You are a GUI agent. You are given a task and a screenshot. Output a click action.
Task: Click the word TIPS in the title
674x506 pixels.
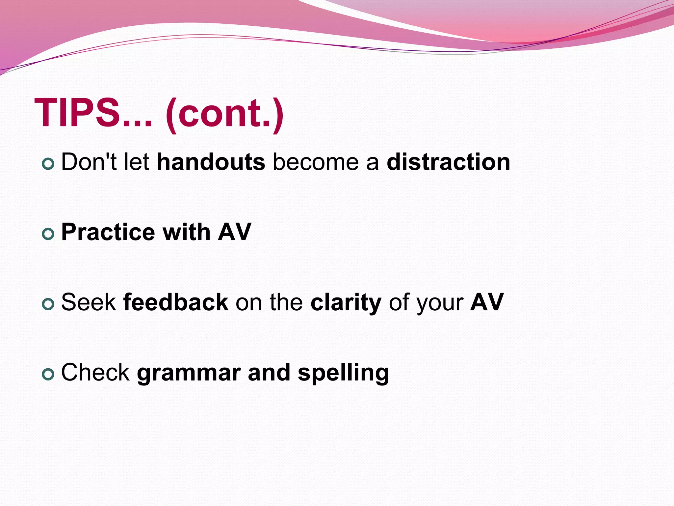coord(77,113)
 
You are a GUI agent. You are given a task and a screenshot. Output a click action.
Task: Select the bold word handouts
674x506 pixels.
coord(211,162)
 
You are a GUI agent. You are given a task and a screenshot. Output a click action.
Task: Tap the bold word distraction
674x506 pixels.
coord(448,162)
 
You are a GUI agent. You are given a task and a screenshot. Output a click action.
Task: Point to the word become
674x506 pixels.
coord(316,162)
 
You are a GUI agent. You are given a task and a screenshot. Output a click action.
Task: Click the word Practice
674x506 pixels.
coord(108,232)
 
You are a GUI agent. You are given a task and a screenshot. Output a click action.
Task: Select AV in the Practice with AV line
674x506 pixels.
coord(234,232)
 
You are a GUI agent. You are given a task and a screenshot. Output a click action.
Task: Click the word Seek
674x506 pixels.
coord(88,302)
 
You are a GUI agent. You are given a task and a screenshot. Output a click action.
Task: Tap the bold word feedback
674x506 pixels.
coord(175,302)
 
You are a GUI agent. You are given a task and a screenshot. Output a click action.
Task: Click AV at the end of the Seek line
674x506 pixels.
coord(487,302)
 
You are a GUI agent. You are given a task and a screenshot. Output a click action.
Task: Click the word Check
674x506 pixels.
coord(95,373)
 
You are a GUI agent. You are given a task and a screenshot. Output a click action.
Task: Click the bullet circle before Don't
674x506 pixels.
coord(48,164)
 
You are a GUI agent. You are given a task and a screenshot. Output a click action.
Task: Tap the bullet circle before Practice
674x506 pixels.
coord(48,234)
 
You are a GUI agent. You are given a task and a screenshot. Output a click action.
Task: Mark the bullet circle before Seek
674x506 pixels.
coord(48,304)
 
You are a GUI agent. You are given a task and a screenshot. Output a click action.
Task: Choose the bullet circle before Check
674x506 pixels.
coord(48,375)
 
